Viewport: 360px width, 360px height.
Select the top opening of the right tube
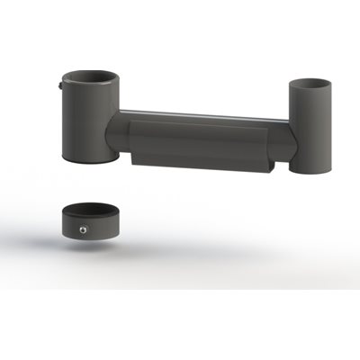click(x=310, y=83)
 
